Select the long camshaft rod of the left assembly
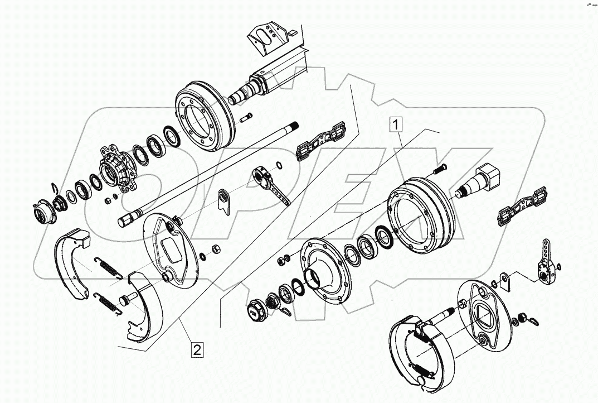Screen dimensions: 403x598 (212, 173)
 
